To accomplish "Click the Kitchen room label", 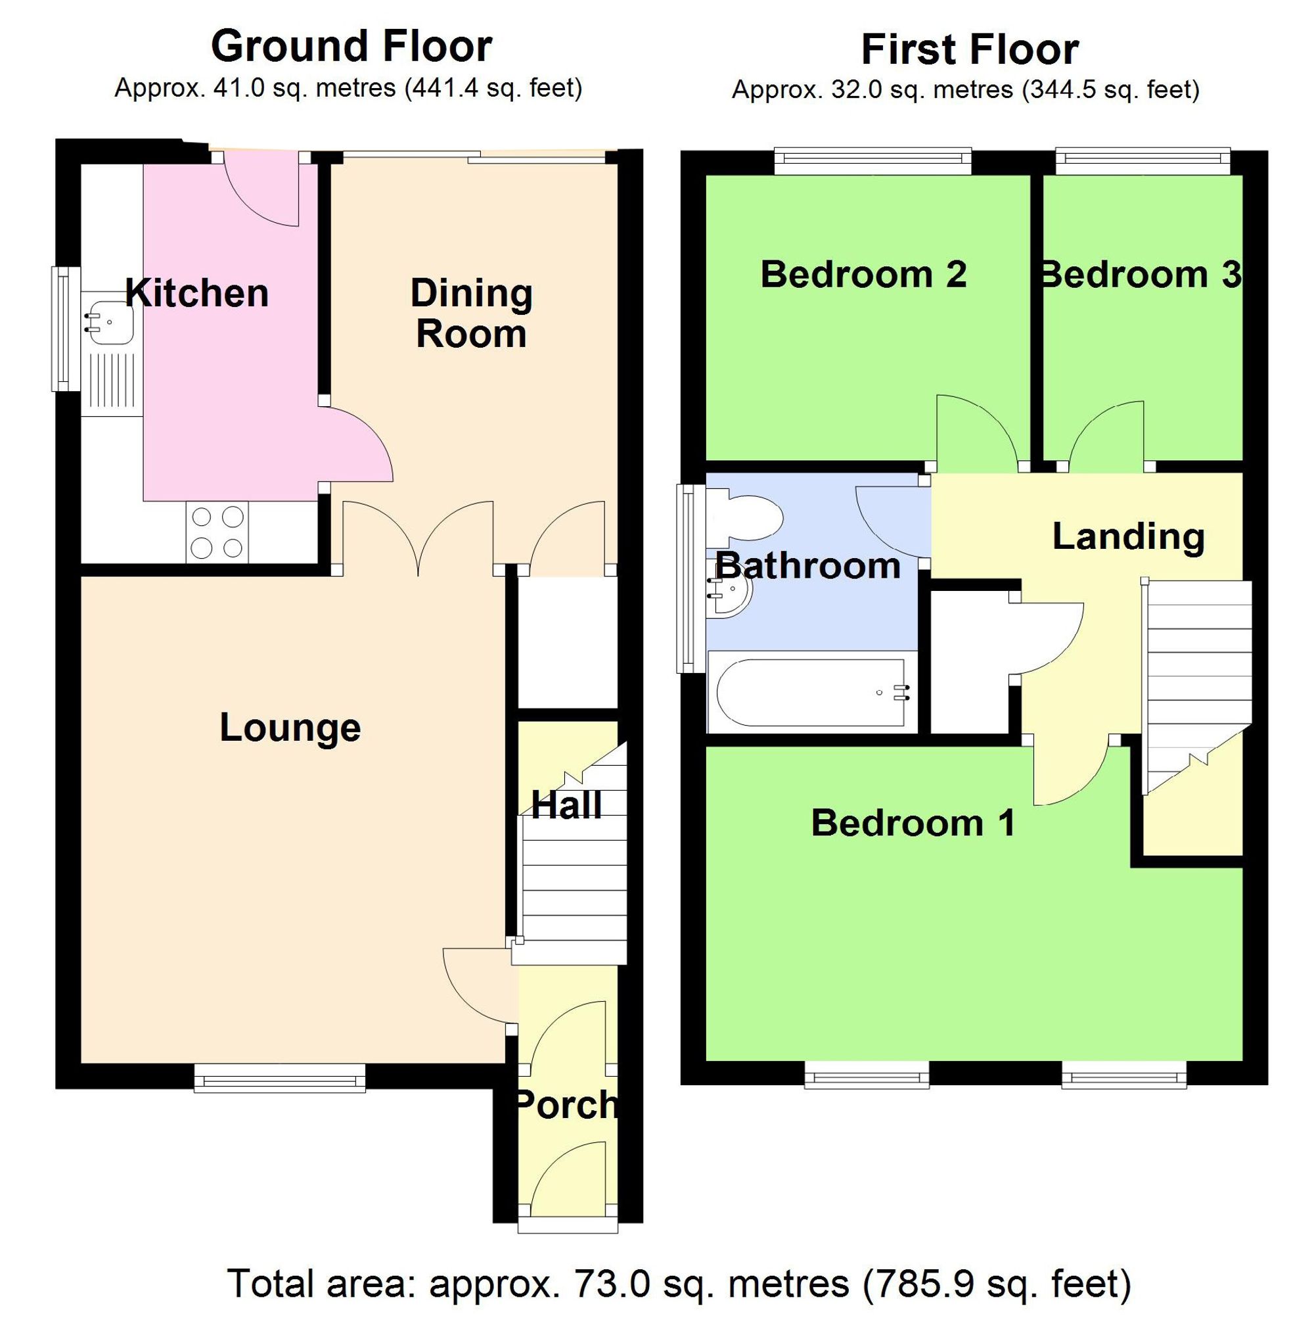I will click(196, 293).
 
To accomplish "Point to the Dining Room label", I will click(471, 314).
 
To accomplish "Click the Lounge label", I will click(290, 728).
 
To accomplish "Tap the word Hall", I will click(566, 805).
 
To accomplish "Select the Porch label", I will click(566, 1105).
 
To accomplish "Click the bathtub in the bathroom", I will click(811, 693).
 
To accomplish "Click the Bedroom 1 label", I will click(913, 822).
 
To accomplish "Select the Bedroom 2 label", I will click(863, 274).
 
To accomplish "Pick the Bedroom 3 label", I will click(1140, 274).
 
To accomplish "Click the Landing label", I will click(1128, 536).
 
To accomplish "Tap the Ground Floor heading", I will click(351, 46).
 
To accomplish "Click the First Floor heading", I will click(969, 50).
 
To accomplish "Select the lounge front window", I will click(279, 1077).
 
